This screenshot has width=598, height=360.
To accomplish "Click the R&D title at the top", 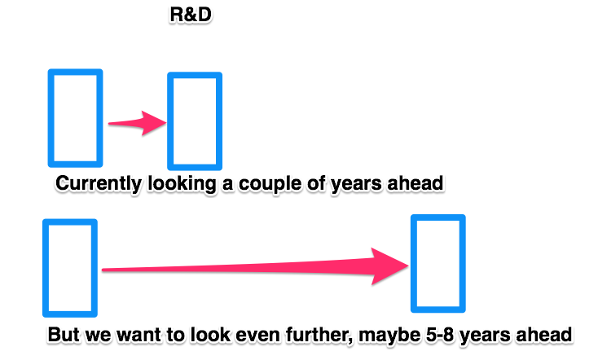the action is point(191,15).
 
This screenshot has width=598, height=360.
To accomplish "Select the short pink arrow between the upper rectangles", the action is point(138,123).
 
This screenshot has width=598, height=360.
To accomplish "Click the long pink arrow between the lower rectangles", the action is point(255,267).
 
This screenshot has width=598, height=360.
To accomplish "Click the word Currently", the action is point(99,184).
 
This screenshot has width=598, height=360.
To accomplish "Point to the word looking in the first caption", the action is point(182,184).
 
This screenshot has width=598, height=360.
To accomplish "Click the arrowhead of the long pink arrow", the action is point(389,266).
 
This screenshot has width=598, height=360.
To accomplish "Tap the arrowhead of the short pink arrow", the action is point(154,123).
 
